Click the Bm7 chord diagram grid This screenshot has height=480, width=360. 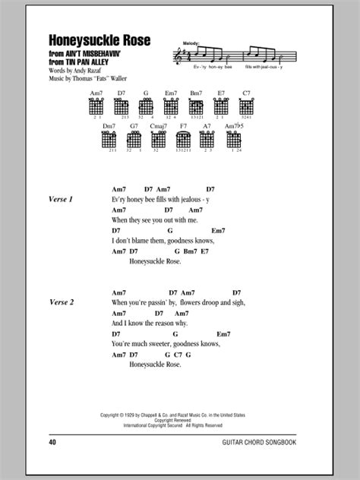click(x=195, y=108)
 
